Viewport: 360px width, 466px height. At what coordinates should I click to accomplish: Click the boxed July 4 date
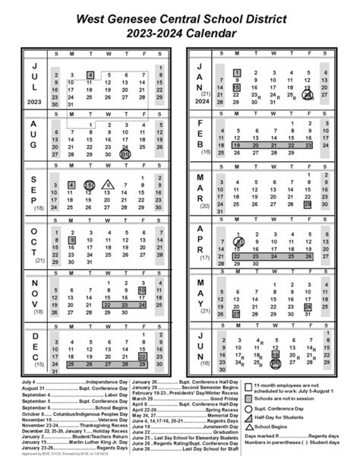click(x=90, y=74)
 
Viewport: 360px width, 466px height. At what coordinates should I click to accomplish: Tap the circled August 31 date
click(x=125, y=154)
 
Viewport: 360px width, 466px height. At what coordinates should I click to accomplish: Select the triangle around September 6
click(x=107, y=185)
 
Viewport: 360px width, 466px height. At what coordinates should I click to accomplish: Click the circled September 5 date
click(x=90, y=185)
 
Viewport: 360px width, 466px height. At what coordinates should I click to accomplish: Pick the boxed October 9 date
click(x=72, y=239)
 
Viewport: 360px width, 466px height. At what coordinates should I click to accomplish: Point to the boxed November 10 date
click(x=142, y=290)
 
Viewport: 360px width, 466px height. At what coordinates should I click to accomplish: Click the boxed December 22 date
click(x=142, y=355)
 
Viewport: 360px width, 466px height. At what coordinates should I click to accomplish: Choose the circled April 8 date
click(x=237, y=243)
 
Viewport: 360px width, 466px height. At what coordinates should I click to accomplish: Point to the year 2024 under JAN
click(x=201, y=101)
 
